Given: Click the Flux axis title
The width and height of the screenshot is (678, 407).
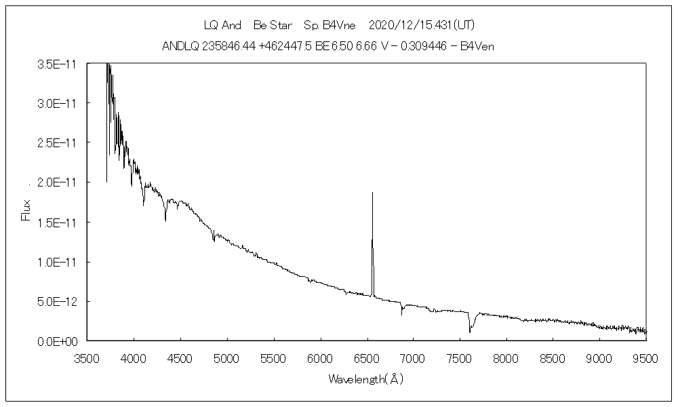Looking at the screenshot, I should click(26, 209).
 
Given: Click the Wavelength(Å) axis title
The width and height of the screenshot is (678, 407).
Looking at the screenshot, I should click(366, 379).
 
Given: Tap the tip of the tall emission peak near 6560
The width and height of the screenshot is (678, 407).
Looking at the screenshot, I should click(372, 193).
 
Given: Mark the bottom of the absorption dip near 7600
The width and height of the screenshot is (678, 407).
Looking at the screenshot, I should click(469, 332).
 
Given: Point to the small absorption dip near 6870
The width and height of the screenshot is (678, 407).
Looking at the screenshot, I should click(402, 313).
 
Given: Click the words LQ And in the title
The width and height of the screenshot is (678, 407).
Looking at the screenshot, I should click(222, 26).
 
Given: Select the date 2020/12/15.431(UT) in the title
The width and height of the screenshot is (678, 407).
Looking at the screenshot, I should click(421, 26).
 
